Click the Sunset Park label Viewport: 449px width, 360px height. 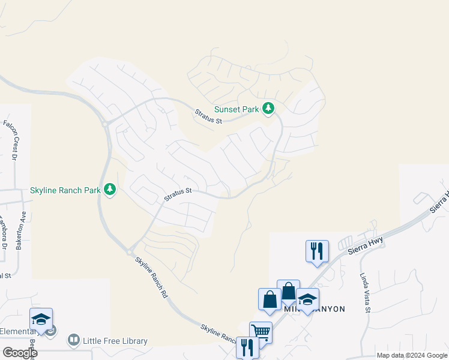pyautogui.click(x=237, y=110)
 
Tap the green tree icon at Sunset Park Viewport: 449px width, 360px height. pyautogui.click(x=268, y=109)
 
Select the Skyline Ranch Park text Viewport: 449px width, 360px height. pyautogui.click(x=65, y=191)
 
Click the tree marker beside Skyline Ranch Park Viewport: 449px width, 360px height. pyautogui.click(x=109, y=190)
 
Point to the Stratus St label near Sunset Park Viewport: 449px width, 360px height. pyautogui.click(x=208, y=116)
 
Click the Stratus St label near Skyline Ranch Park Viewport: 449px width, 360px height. pyautogui.click(x=178, y=194)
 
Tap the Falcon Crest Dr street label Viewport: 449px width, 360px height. pyautogui.click(x=11, y=141)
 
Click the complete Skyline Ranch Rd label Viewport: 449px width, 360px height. pyautogui.click(x=151, y=278)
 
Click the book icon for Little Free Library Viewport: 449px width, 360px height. pyautogui.click(x=74, y=341)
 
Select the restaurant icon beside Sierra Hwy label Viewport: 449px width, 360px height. pyautogui.click(x=317, y=250)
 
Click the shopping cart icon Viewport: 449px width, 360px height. pyautogui.click(x=261, y=331)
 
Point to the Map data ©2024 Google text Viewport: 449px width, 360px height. pyautogui.click(x=411, y=355)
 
